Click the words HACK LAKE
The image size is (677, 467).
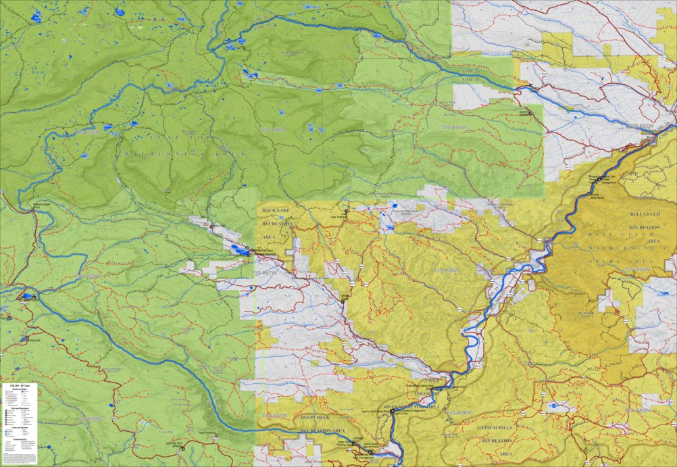pyautogui.click(x=277, y=211)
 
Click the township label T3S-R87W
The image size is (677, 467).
pyautogui.click(x=265, y=272)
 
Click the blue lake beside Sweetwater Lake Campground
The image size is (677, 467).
pyautogui.click(x=236, y=250)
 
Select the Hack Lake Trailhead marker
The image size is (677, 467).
pyautogui.click(x=346, y=212)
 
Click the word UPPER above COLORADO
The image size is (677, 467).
pyautogui.click(x=432, y=380)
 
